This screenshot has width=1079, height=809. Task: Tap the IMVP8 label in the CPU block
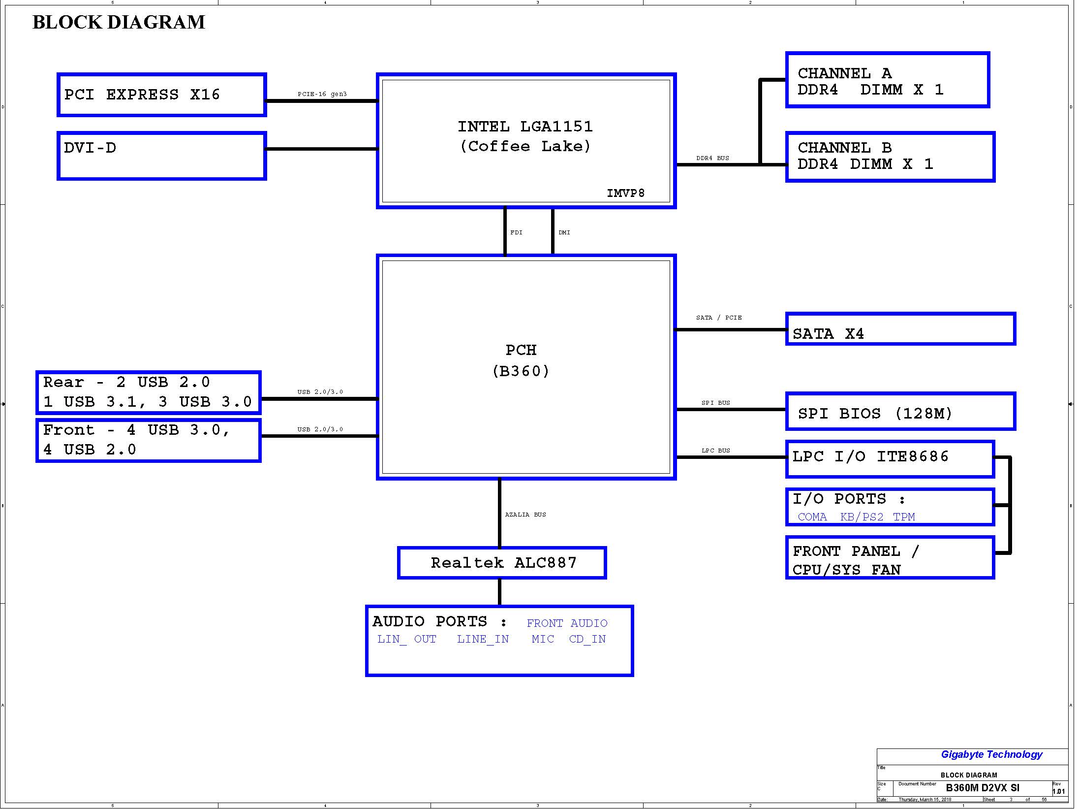[x=625, y=193]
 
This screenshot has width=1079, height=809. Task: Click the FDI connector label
[x=516, y=232]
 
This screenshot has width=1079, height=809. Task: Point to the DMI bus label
[x=564, y=232]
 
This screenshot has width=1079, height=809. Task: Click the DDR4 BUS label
[x=712, y=158]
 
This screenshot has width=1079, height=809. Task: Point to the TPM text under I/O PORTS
[x=904, y=517]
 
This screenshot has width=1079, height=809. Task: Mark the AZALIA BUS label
[x=525, y=515]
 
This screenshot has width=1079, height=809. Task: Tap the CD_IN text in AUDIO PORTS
[x=587, y=639]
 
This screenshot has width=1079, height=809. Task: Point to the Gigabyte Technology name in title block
[x=991, y=754]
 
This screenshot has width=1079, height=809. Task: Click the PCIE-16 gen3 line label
[x=322, y=94]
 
